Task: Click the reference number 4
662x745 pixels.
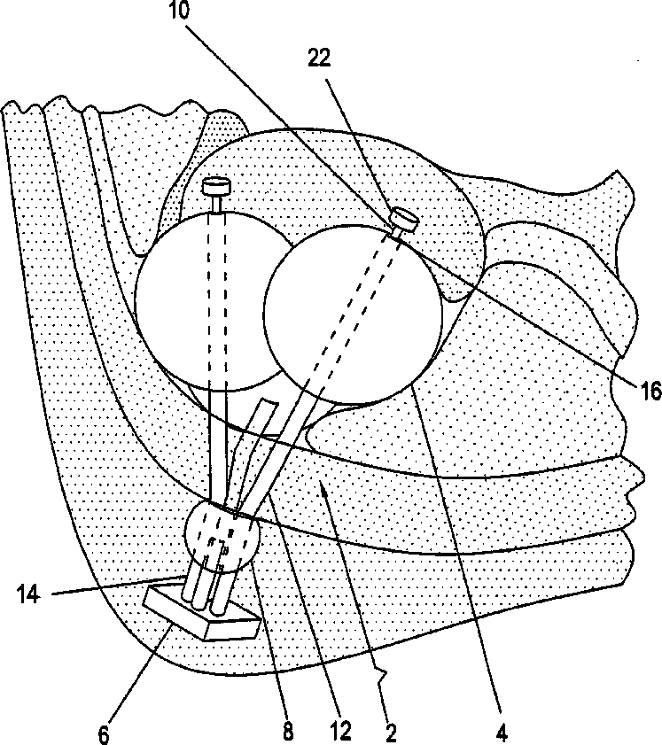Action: click(x=501, y=733)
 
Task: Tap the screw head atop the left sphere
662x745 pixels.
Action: click(x=215, y=187)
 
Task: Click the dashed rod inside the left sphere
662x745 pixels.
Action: click(x=217, y=301)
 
